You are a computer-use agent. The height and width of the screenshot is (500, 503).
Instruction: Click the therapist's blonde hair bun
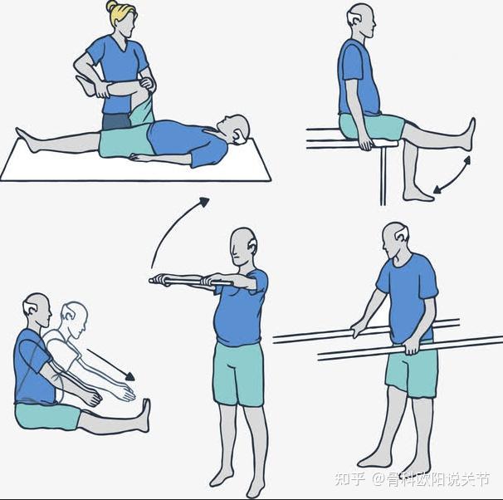112,6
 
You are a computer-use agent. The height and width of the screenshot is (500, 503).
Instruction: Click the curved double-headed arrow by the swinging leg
452,175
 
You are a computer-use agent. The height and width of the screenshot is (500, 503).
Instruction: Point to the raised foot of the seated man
467,134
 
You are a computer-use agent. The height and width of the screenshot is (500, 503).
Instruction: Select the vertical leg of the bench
383,176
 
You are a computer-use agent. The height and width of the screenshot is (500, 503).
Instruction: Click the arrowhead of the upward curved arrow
204,201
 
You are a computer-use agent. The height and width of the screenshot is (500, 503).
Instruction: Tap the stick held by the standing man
190,282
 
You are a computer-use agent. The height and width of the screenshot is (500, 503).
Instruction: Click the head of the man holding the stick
243,247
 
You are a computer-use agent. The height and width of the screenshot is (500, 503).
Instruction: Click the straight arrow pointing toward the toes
110,365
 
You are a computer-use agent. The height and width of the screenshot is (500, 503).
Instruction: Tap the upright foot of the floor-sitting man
145,415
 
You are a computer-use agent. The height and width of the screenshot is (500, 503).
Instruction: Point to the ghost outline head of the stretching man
75,319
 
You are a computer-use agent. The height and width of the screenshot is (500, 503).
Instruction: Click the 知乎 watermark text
350,479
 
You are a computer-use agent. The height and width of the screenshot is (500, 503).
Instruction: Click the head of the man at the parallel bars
395,238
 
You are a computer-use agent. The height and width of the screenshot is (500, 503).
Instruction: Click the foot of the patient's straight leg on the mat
26,140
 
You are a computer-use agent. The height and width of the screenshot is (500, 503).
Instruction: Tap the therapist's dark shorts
116,121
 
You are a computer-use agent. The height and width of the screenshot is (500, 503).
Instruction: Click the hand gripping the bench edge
365,143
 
